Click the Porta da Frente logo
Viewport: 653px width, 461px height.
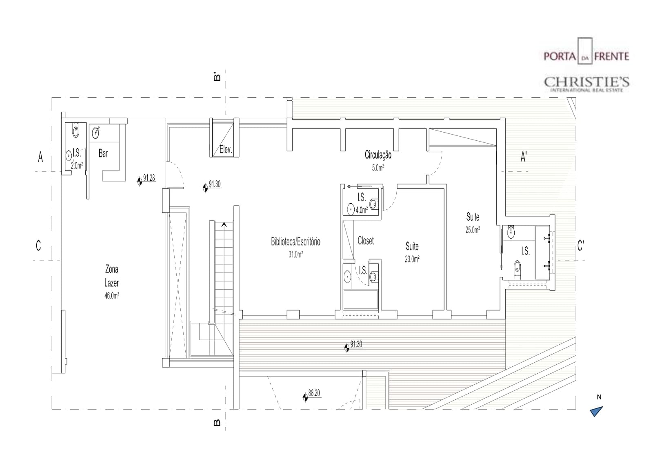pos(586,51)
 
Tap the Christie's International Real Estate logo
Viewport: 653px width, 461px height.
pos(586,84)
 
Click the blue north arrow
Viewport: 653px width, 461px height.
pos(596,411)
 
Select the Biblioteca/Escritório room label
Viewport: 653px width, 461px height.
pos(295,242)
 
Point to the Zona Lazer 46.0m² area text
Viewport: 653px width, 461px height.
pos(112,296)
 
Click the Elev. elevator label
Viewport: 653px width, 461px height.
pos(226,150)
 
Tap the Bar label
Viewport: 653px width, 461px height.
pos(103,153)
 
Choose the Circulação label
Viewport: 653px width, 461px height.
pos(378,155)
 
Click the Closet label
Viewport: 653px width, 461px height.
pos(366,241)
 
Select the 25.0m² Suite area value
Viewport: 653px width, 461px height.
pos(473,230)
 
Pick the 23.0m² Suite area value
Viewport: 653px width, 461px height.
pos(412,259)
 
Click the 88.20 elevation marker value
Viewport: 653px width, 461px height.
pos(314,393)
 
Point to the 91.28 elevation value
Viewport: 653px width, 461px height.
pos(149,178)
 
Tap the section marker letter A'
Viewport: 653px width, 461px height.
pos(524,157)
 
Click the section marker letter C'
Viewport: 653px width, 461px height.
pos(580,246)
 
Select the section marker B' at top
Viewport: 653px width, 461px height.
pos(217,76)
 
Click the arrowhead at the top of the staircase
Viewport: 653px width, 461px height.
pos(224,225)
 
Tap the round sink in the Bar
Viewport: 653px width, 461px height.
pos(96,133)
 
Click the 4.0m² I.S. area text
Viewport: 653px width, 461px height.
pos(362,210)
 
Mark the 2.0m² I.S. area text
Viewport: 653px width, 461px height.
pos(77,166)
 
